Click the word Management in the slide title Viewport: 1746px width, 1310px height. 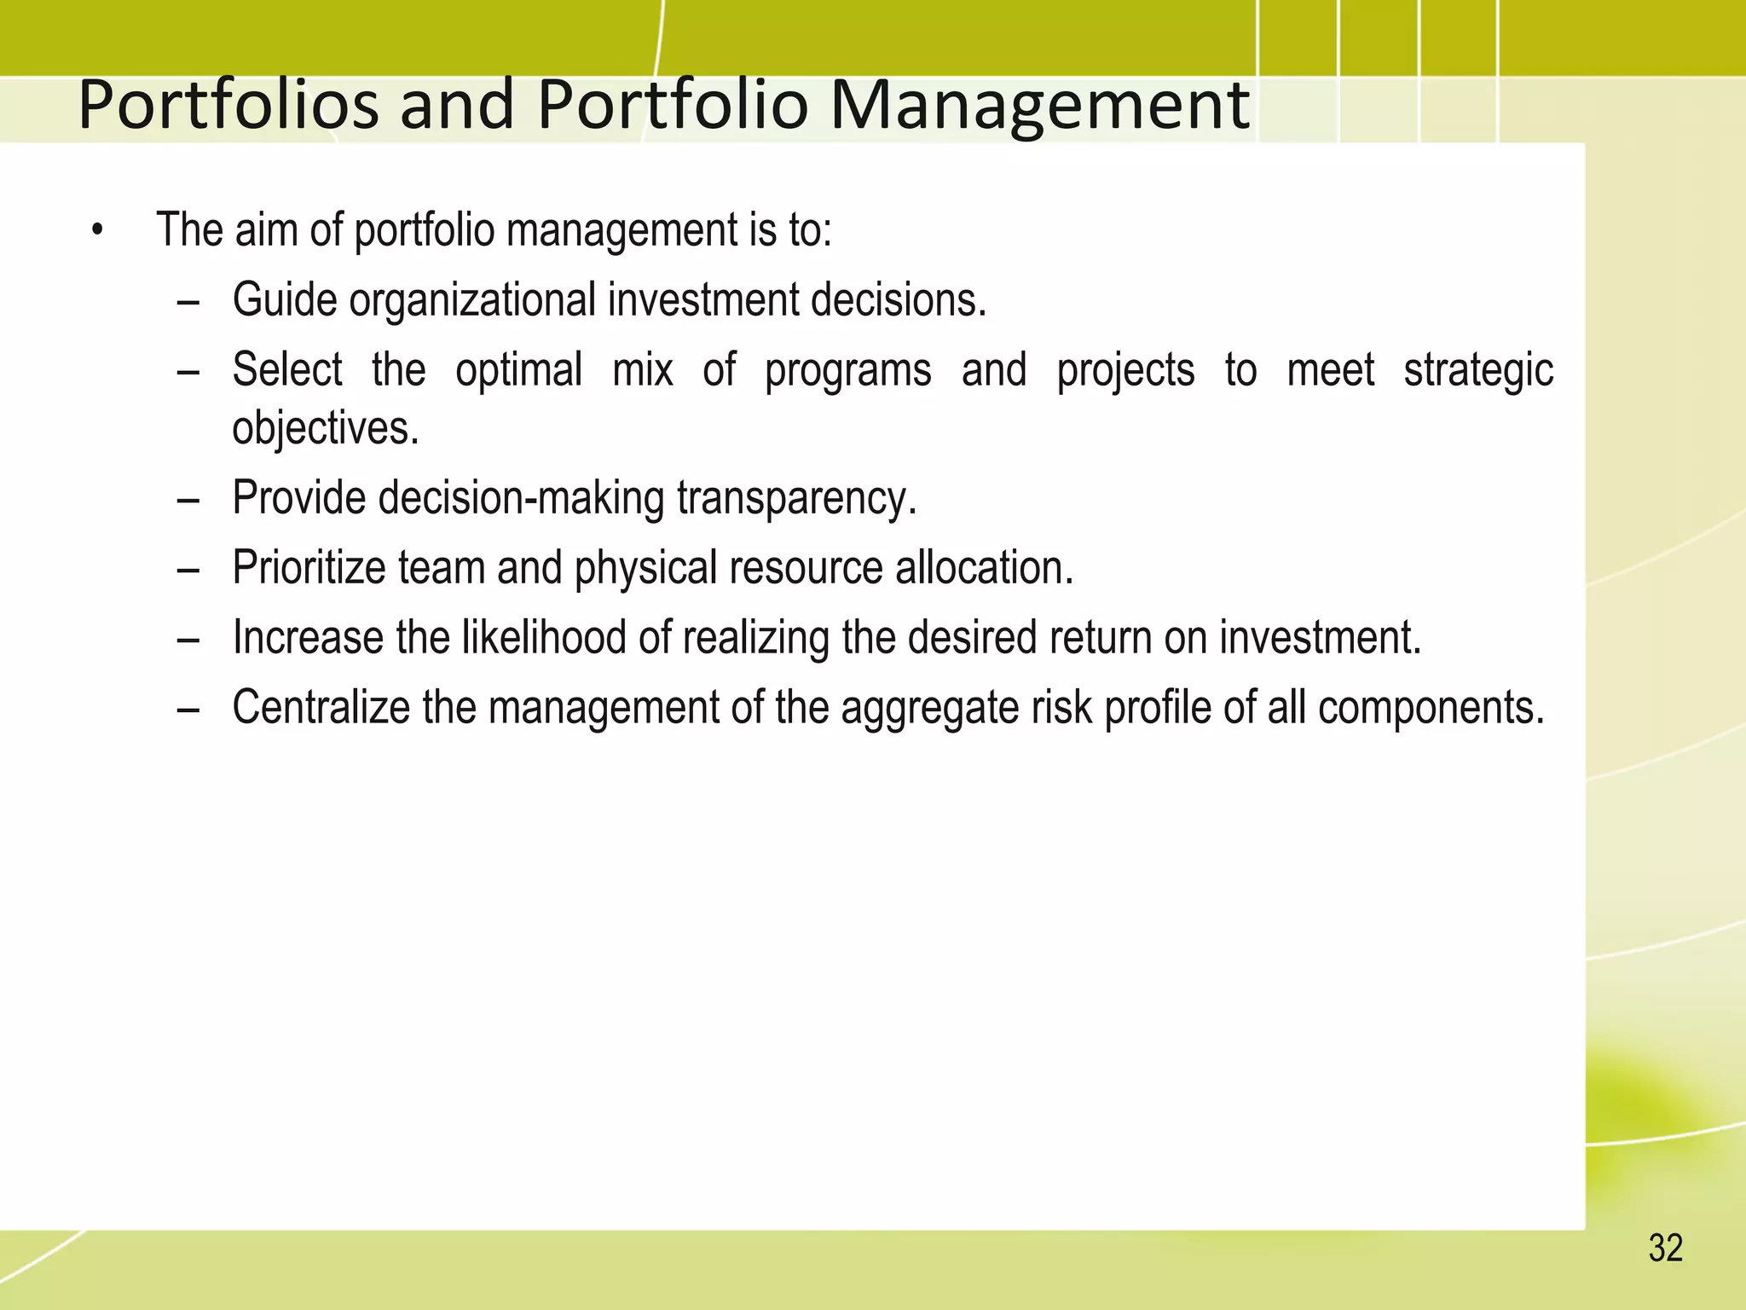[x=1039, y=106]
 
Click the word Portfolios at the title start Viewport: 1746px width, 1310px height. [x=228, y=106]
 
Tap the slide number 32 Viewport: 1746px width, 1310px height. [x=1665, y=1248]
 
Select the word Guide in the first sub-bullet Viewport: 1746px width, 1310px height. [x=285, y=300]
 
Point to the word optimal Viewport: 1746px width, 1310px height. [x=518, y=370]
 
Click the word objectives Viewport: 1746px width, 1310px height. [x=325, y=427]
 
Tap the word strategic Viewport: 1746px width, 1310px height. [x=1478, y=370]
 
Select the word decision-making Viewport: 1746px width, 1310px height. [x=520, y=497]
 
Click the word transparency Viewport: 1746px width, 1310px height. [x=796, y=497]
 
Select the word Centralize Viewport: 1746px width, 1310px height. [x=321, y=707]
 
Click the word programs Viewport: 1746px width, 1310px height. [x=847, y=370]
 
